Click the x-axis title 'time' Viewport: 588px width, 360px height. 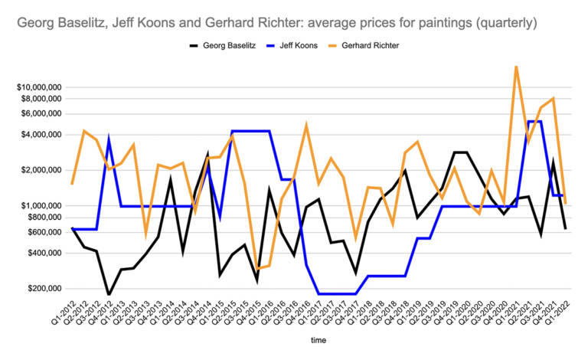[315, 337]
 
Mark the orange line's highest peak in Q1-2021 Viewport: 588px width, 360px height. [516, 67]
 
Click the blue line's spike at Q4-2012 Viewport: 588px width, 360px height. [109, 140]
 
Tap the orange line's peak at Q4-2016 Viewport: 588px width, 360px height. [306, 125]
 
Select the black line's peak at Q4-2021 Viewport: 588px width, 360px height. [553, 162]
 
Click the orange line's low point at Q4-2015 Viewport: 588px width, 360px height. [257, 268]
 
